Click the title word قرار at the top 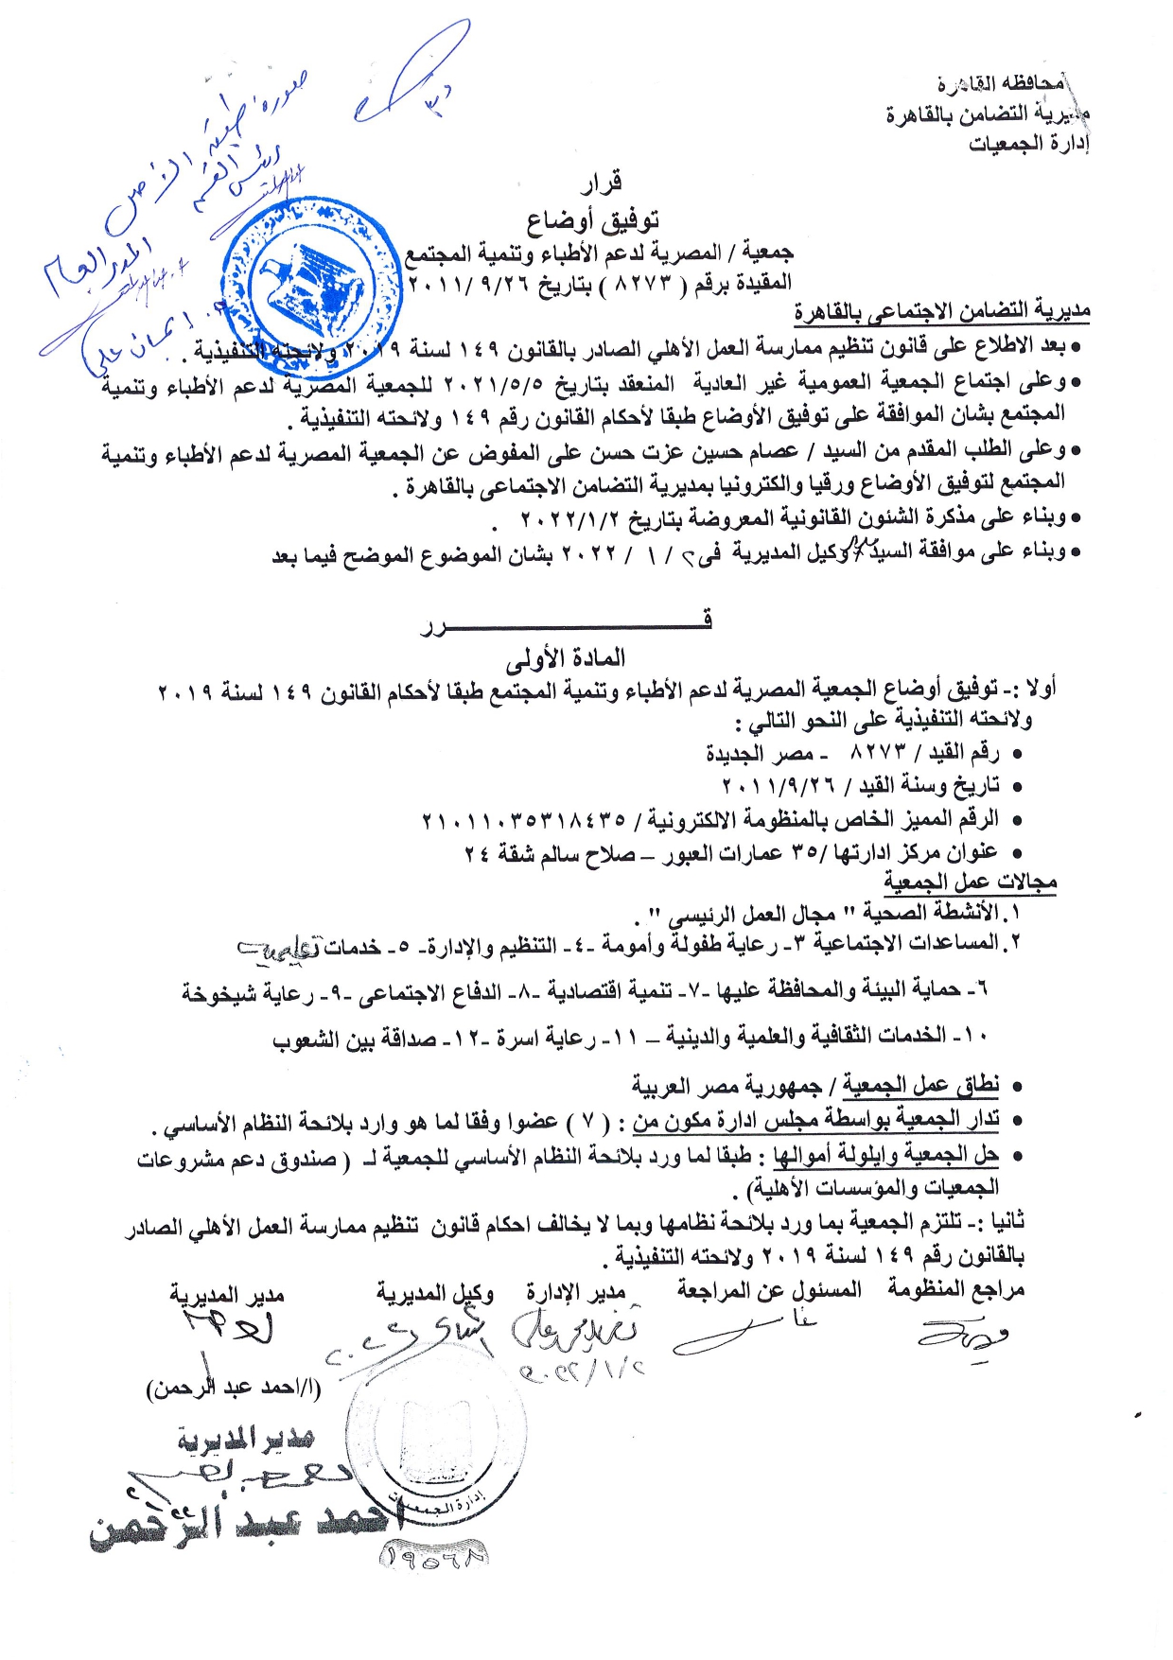click(602, 181)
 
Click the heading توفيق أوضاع click(593, 220)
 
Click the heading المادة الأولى click(566, 657)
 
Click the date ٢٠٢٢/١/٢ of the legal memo click(568, 518)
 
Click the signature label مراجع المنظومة click(956, 1289)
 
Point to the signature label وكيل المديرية click(435, 1293)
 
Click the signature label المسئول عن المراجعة click(769, 1289)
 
